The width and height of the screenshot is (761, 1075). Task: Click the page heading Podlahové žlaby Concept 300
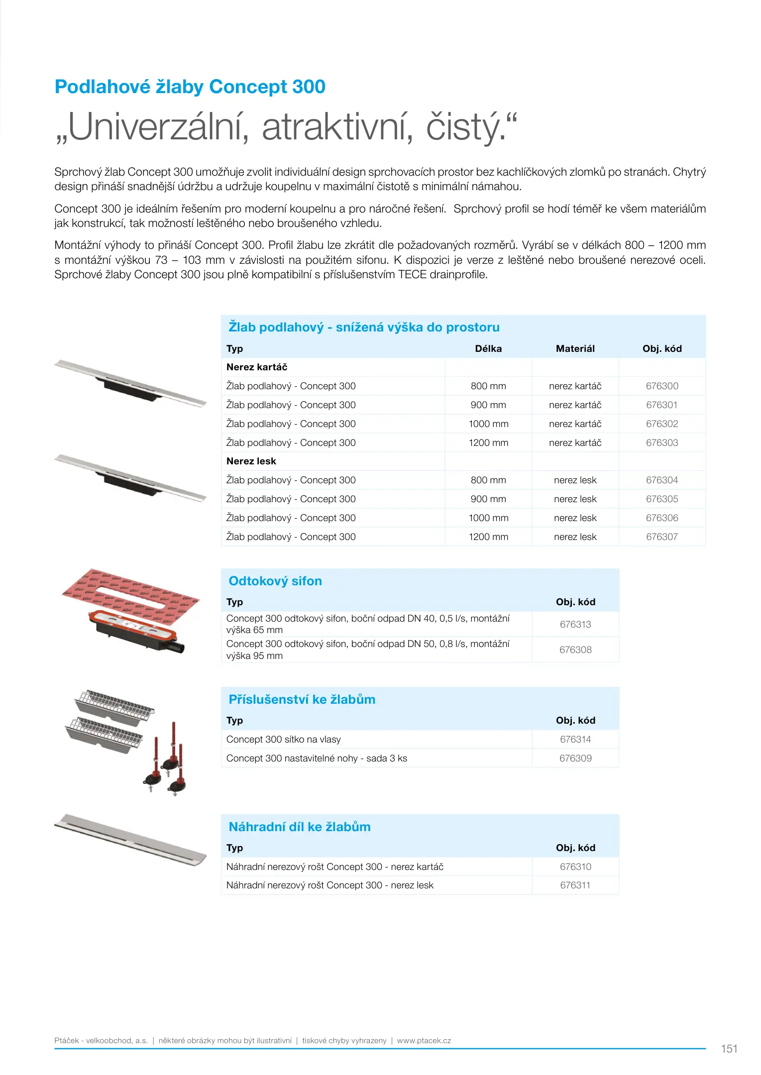pos(190,87)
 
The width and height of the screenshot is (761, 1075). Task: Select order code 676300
pos(661,386)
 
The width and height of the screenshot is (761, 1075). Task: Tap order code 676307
pos(661,537)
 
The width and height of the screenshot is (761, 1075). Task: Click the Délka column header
pos(488,348)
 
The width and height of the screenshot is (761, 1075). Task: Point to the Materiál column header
pos(575,348)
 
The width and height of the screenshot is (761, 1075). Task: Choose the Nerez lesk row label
pos(251,461)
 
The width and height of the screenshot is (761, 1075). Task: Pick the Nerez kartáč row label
pos(257,367)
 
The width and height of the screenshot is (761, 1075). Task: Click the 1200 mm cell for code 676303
pos(488,442)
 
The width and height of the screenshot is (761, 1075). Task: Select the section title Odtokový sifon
pos(275,581)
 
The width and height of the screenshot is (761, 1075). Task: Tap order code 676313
pos(575,624)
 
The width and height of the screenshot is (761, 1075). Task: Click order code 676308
pos(575,649)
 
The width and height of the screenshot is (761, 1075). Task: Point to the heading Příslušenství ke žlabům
pos(302,699)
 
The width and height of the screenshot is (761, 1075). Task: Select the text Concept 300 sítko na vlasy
pos(283,739)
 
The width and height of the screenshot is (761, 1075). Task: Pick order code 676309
pos(575,758)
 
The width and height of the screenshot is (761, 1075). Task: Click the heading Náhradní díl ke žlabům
pos(299,827)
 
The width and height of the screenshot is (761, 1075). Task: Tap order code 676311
pos(575,885)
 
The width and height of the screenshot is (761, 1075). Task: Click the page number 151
pos(729,1049)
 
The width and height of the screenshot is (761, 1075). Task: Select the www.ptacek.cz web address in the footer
pos(424,1040)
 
